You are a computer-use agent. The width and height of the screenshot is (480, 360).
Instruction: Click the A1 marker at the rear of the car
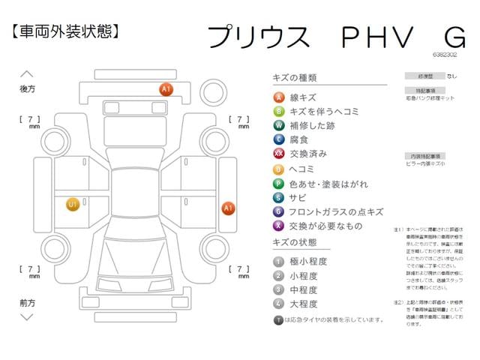tap(166, 89)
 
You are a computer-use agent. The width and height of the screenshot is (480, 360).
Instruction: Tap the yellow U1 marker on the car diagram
tap(73, 204)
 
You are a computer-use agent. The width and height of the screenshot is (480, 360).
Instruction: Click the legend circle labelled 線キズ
tap(278, 97)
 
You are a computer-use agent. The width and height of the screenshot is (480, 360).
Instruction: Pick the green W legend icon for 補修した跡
tap(278, 125)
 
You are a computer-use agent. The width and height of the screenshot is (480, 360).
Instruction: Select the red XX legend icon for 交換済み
tap(278, 154)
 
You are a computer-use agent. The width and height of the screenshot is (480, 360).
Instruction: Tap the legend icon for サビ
tap(278, 197)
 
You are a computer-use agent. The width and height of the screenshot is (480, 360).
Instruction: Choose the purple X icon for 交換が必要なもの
tap(278, 226)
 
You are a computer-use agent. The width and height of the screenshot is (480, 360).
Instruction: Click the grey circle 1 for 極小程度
tap(278, 261)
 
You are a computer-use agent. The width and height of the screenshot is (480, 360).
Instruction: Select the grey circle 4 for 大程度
tap(278, 304)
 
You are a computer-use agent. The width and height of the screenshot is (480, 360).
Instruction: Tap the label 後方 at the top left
tap(27, 88)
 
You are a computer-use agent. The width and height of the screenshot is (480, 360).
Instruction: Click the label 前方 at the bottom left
tap(27, 302)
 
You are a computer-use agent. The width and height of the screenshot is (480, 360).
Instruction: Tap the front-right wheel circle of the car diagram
tap(215, 250)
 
